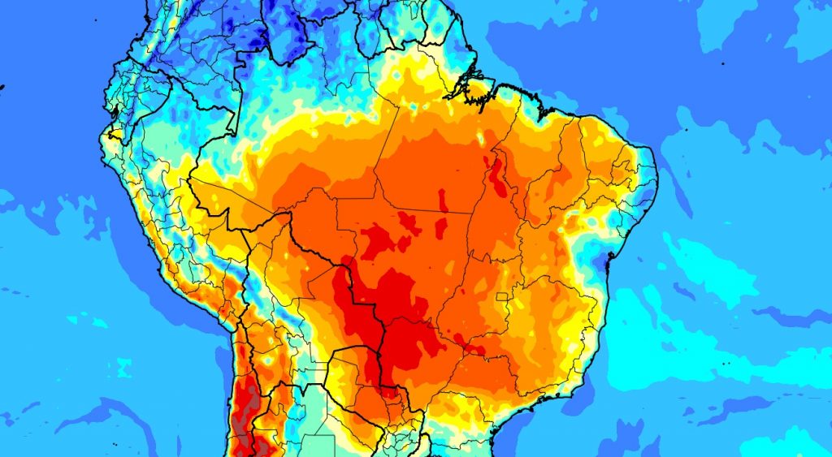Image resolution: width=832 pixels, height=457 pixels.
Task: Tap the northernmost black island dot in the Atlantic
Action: click(x=722, y=63)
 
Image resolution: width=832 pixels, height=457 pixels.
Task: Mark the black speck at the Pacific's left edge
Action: click(x=2, y=87)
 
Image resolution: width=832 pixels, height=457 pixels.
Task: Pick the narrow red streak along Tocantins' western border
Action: click(x=498, y=175)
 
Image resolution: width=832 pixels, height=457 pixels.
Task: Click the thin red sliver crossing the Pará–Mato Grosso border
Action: click(x=443, y=200)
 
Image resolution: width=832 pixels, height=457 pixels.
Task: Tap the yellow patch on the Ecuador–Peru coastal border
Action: click(x=109, y=134)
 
